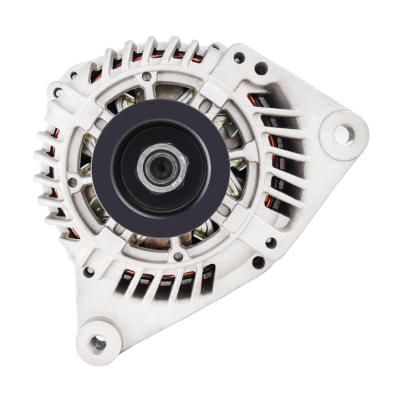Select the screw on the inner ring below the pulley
(x=177, y=256)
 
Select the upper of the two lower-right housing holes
(x=270, y=242)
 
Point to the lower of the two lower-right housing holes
(x=258, y=263)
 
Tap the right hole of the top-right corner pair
(x=261, y=68)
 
